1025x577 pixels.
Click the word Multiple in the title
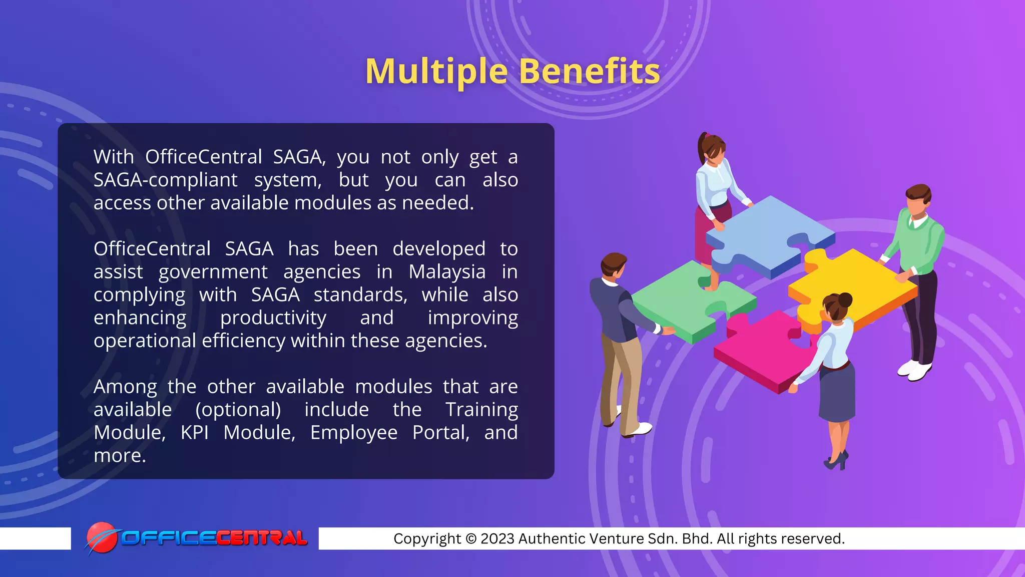click(x=436, y=72)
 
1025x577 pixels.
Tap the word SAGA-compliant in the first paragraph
click(x=165, y=180)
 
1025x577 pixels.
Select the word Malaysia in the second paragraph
click(x=446, y=272)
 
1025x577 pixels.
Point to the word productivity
click(x=273, y=318)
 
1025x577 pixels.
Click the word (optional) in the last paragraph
click(x=238, y=410)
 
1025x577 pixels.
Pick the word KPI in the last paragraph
click(x=194, y=433)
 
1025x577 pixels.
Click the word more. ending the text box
click(x=120, y=456)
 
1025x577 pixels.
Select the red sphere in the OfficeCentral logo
click(x=101, y=537)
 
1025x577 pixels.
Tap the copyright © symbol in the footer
click(x=470, y=539)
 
